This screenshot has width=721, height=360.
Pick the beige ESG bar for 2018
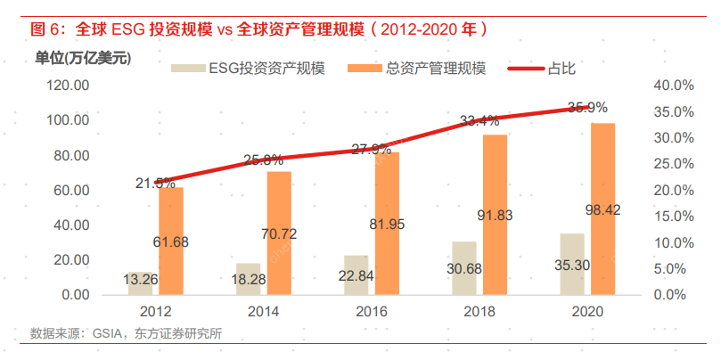[463, 267]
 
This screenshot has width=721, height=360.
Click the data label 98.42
[602, 210]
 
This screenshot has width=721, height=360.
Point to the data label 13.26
[143, 279]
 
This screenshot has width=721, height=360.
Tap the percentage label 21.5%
[155, 183]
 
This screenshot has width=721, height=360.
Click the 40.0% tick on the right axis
[674, 86]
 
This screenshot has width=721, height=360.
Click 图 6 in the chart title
[49, 29]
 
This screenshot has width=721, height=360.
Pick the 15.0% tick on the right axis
[674, 217]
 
